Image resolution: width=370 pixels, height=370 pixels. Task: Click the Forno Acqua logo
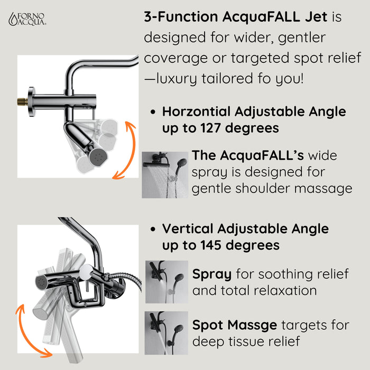coord(27,19)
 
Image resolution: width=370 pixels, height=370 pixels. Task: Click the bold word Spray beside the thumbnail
coord(212,274)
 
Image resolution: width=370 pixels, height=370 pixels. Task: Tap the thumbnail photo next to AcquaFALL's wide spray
coord(165,175)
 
